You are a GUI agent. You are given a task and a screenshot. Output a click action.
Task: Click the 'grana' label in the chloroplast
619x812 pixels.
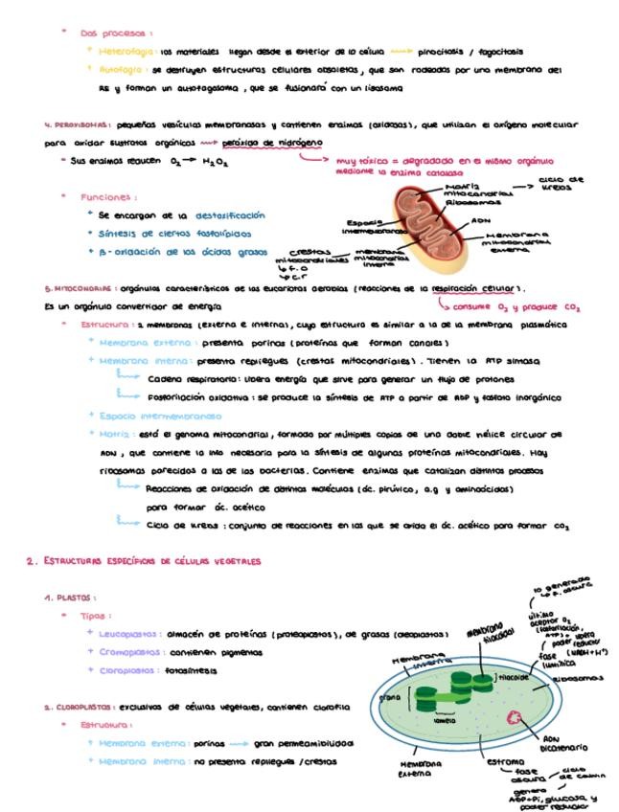(x=390, y=698)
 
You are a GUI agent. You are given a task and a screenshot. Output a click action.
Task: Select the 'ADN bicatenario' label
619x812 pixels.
(x=564, y=743)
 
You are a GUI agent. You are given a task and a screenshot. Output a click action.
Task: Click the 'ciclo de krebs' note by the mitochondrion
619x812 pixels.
(x=562, y=183)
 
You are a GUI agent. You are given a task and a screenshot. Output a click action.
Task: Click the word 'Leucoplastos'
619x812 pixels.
(x=131, y=633)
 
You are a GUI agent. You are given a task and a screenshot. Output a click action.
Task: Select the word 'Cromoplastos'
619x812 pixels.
(x=131, y=652)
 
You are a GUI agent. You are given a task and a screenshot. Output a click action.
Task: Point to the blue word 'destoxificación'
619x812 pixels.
(x=229, y=215)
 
